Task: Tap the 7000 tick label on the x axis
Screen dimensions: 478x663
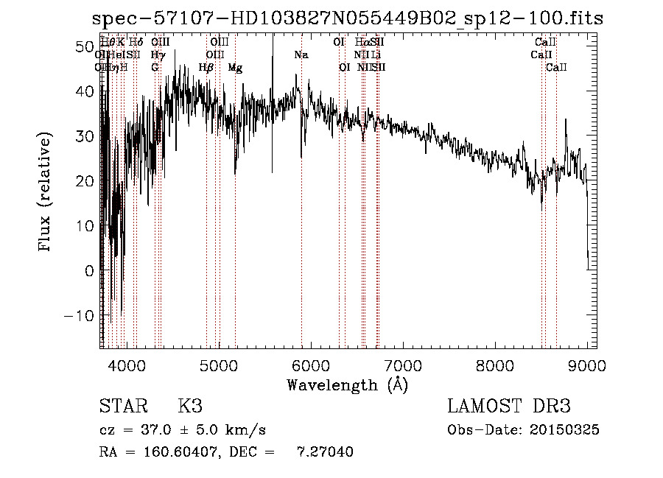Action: [x=403, y=365]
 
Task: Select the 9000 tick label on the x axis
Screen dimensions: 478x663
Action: [x=587, y=365]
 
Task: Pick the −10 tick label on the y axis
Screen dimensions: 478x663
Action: [x=78, y=315]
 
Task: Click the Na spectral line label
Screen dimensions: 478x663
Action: [x=301, y=55]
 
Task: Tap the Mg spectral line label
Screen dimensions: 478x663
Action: [x=235, y=68]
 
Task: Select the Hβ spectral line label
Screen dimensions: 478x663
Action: [x=206, y=68]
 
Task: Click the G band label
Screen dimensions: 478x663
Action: [x=155, y=68]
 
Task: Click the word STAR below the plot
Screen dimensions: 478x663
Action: [x=124, y=407]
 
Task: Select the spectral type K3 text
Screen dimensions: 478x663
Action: [x=190, y=407]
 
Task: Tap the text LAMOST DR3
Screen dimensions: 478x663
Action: [x=509, y=407]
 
